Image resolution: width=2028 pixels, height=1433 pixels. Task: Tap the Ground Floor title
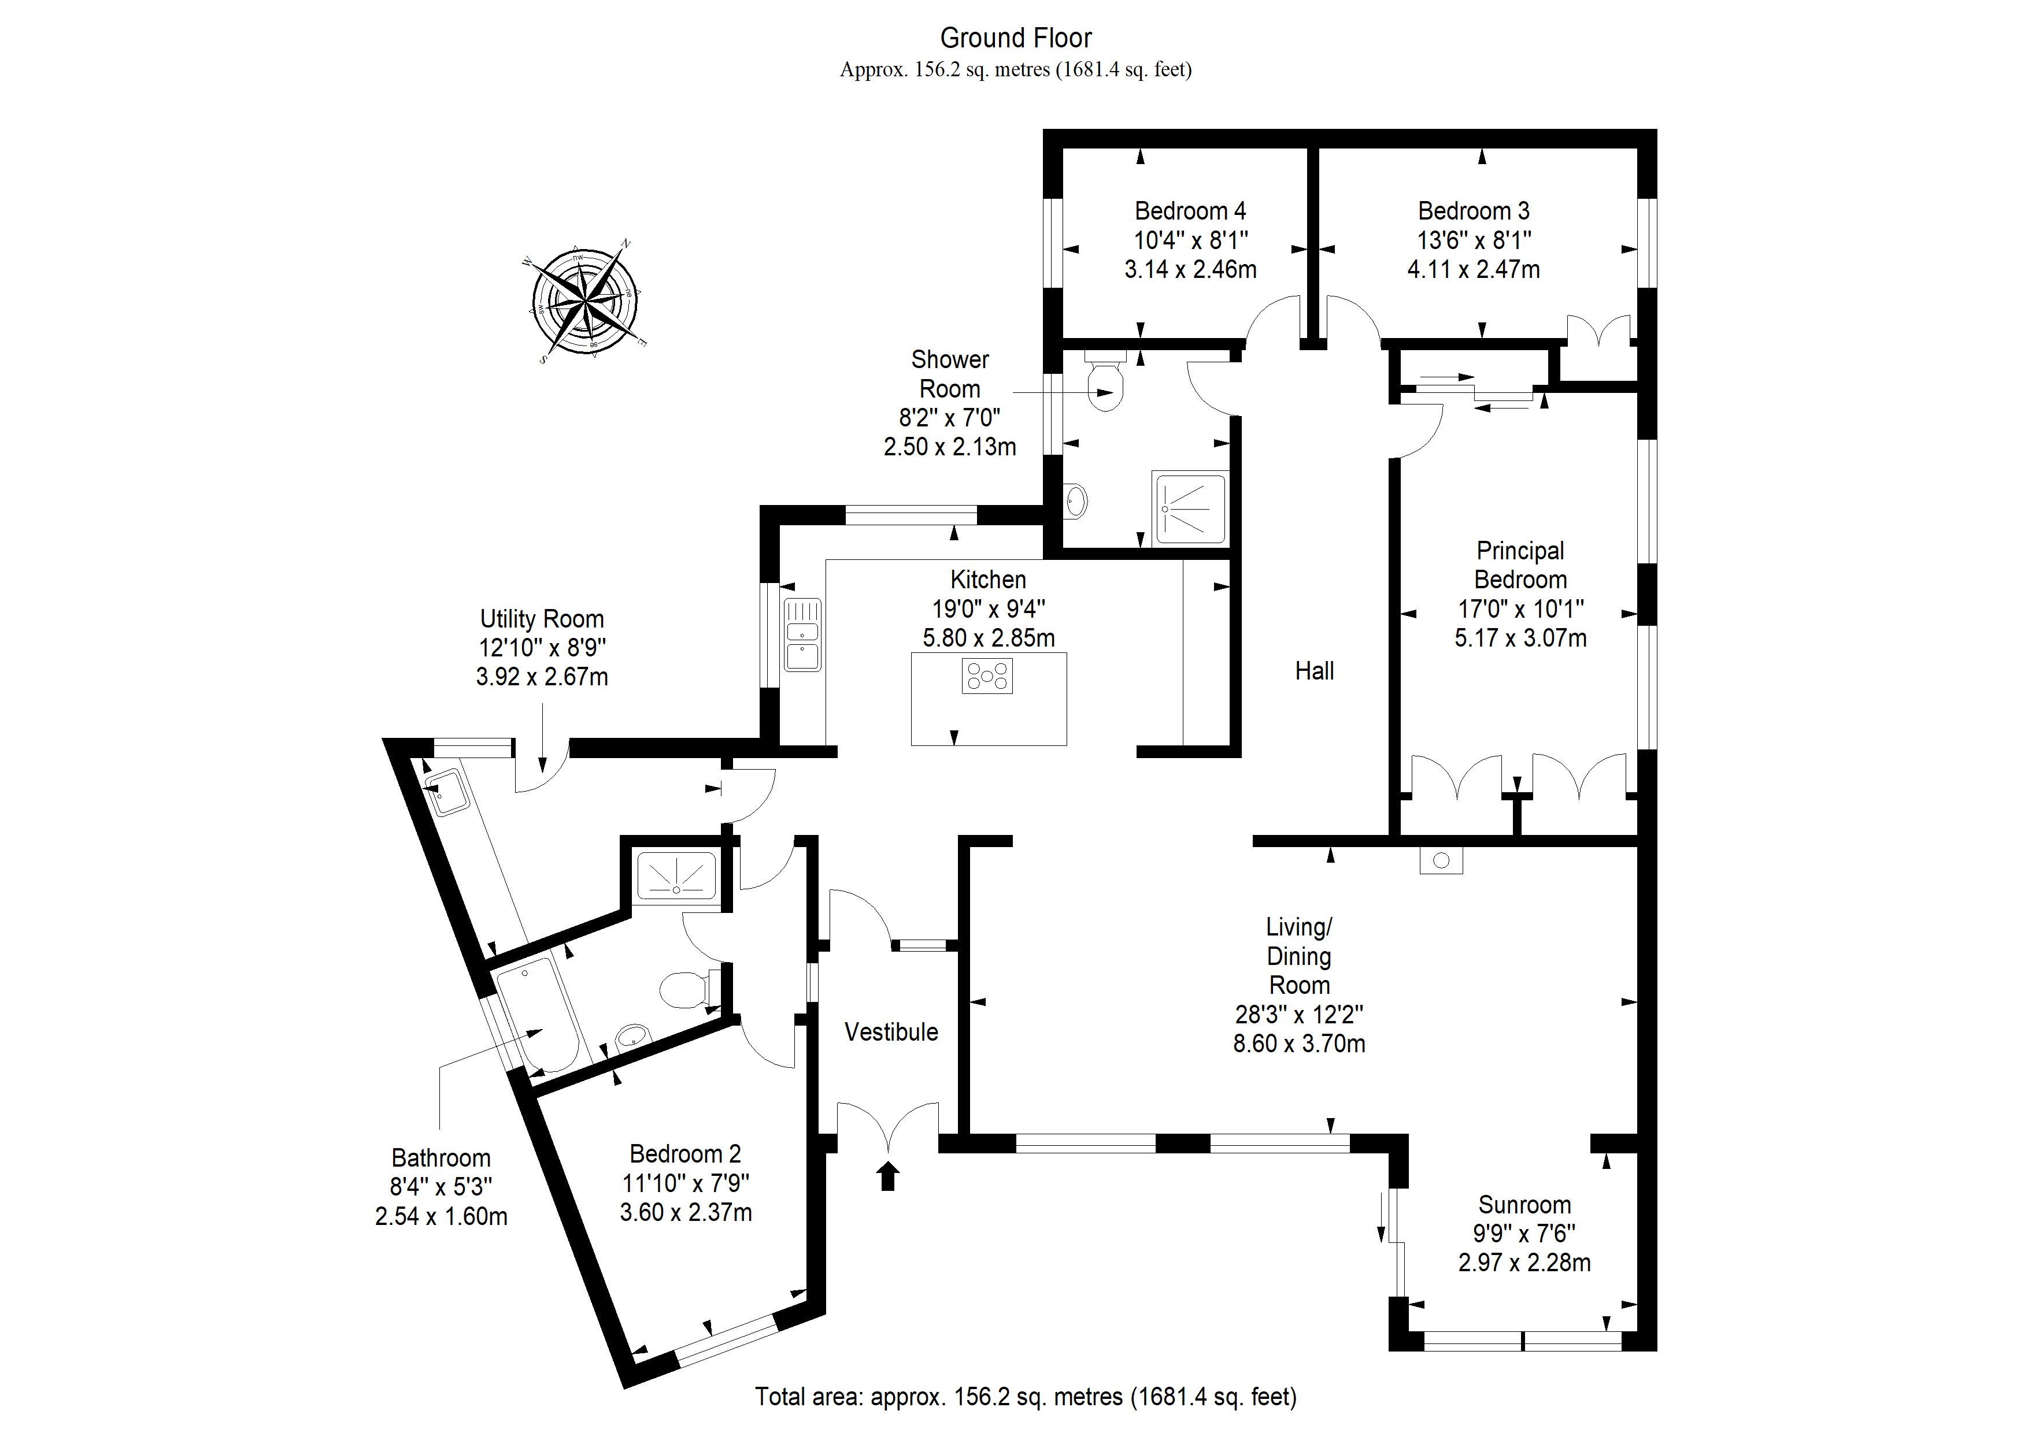(x=1015, y=38)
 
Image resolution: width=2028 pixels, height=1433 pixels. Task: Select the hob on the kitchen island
(x=987, y=676)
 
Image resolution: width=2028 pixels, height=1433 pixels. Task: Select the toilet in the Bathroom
(x=684, y=990)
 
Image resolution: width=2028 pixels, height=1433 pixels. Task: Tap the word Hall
(x=1313, y=671)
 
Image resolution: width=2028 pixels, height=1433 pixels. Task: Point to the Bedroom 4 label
(x=1190, y=211)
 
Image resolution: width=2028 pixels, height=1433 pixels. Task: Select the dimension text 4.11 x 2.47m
(x=1472, y=269)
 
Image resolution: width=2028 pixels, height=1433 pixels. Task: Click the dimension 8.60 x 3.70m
(x=1298, y=1044)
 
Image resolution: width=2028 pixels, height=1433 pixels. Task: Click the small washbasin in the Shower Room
(x=1075, y=502)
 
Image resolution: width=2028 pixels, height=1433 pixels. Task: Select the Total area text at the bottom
(x=1024, y=1396)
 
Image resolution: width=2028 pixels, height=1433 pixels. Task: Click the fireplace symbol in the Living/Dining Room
(x=1441, y=860)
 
